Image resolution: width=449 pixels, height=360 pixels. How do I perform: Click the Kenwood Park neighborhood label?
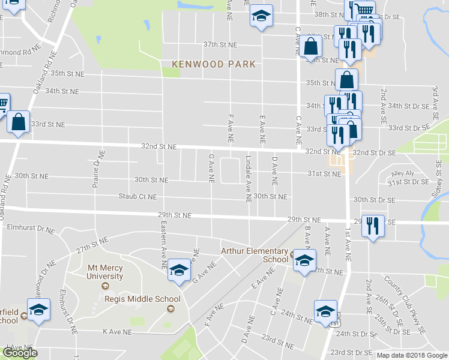[x=214, y=64]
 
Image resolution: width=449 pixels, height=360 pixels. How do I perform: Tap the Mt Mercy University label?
[x=105, y=272]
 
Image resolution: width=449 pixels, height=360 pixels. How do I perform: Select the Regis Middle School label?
[x=142, y=299]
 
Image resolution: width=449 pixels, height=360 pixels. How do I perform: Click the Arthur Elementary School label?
[x=255, y=255]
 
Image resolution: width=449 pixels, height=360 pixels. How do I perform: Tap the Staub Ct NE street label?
[x=137, y=196]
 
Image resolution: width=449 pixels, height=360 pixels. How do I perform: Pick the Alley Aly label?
[x=402, y=173]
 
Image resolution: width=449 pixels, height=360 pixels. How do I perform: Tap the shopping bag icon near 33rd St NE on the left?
[x=19, y=122]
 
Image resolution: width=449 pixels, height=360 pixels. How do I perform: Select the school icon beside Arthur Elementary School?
[x=304, y=261]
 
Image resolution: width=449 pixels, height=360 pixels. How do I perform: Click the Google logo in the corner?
[x=19, y=353]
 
